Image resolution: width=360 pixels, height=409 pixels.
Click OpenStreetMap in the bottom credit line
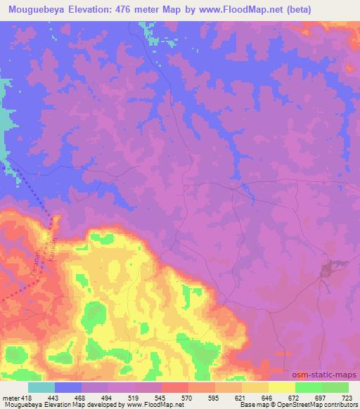tap(293, 405)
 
